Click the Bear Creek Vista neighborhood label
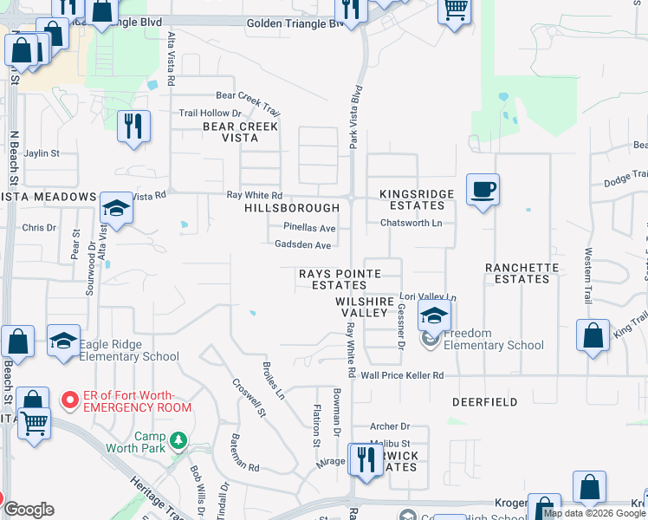pyautogui.click(x=240, y=132)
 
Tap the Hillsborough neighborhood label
pyautogui.click(x=292, y=208)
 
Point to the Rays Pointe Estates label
pyautogui.click(x=340, y=279)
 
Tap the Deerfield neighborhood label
pyautogui.click(x=485, y=402)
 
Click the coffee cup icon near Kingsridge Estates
pyautogui.click(x=483, y=189)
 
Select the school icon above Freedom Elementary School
pyautogui.click(x=435, y=315)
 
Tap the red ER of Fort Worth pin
pyautogui.click(x=69, y=400)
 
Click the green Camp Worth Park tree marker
pyautogui.click(x=178, y=440)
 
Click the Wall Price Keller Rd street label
pyautogui.click(x=402, y=375)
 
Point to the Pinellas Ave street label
pyautogui.click(x=309, y=228)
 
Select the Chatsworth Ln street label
pyautogui.click(x=411, y=223)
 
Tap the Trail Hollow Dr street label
pyautogui.click(x=210, y=114)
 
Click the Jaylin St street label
pyautogui.click(x=42, y=153)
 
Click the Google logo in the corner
pyautogui.click(x=29, y=510)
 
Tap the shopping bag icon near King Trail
pyautogui.click(x=592, y=336)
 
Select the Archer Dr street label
pyautogui.click(x=389, y=426)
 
